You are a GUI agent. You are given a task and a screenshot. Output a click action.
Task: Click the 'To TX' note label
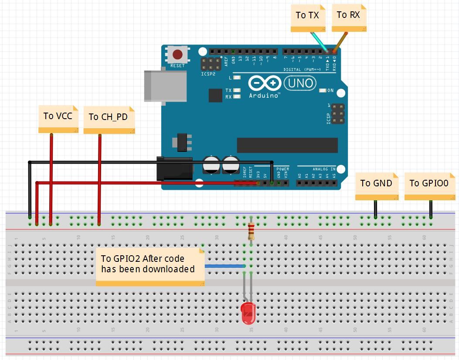[308, 16]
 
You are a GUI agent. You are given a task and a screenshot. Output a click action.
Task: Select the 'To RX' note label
[348, 15]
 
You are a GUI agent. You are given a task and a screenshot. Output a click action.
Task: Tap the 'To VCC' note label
[58, 116]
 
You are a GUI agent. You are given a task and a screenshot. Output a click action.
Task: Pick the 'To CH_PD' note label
[108, 117]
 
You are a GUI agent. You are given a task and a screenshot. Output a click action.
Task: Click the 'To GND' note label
[376, 183]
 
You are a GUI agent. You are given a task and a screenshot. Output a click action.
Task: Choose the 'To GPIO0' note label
[429, 183]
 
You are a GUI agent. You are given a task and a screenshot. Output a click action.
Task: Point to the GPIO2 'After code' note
[148, 264]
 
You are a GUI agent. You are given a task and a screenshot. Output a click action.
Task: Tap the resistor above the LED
[251, 231]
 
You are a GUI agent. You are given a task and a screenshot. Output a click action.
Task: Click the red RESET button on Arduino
[177, 55]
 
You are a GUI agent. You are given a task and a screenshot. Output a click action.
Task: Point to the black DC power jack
[174, 168]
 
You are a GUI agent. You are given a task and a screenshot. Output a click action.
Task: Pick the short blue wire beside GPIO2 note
[224, 266]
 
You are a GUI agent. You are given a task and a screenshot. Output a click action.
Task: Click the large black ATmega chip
[287, 145]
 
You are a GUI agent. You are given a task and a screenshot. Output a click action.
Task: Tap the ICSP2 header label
[208, 74]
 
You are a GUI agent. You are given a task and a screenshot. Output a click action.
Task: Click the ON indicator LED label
[330, 91]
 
